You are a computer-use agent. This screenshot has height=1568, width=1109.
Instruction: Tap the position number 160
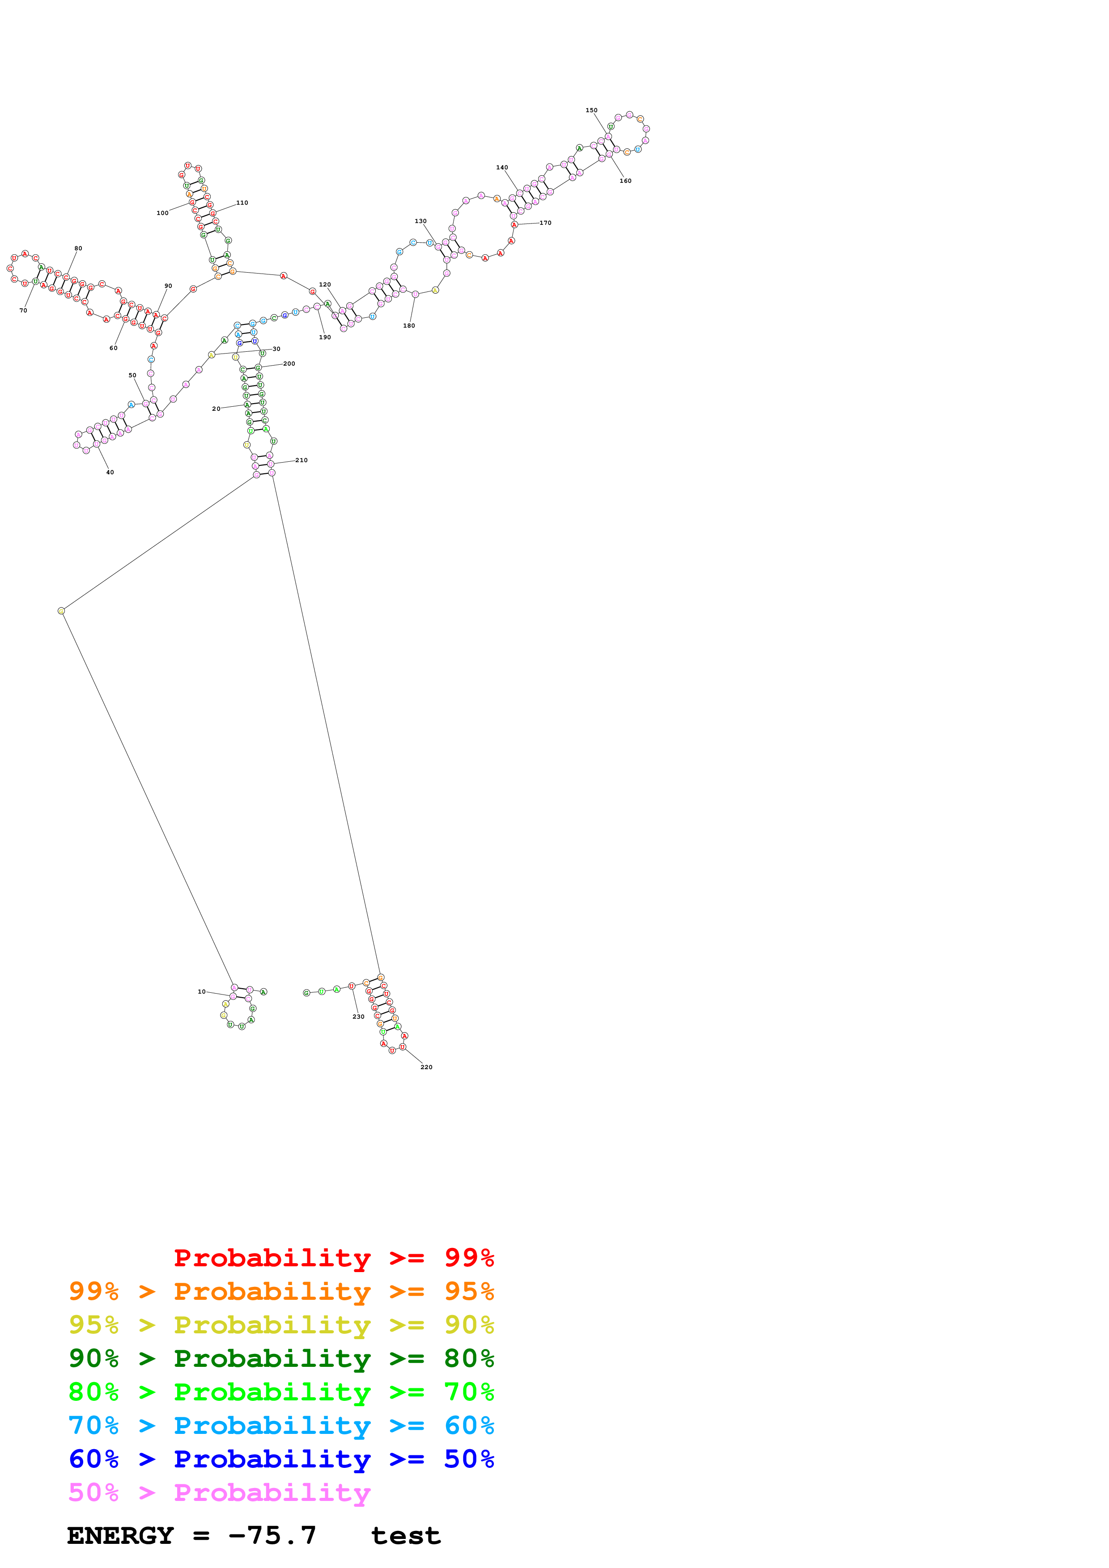pyautogui.click(x=625, y=181)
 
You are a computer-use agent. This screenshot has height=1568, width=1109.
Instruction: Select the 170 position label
pyautogui.click(x=545, y=223)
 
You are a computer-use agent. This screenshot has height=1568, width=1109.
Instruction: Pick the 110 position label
pyautogui.click(x=242, y=203)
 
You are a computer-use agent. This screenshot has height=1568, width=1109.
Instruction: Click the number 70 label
pyautogui.click(x=23, y=311)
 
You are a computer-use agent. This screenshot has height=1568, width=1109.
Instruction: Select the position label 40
pyautogui.click(x=110, y=472)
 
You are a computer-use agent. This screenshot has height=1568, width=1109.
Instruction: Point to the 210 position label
pyautogui.click(x=302, y=460)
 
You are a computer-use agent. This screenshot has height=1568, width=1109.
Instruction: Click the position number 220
pyautogui.click(x=426, y=1067)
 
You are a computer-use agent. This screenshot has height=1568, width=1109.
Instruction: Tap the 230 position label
pyautogui.click(x=358, y=1017)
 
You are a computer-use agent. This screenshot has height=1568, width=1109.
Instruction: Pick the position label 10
pyautogui.click(x=202, y=991)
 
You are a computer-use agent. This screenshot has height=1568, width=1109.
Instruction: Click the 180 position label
pyautogui.click(x=408, y=326)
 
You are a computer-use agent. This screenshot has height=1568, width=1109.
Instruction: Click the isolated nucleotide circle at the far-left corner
pyautogui.click(x=61, y=611)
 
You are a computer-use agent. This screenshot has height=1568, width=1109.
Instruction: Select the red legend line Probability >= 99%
pyautogui.click(x=333, y=1257)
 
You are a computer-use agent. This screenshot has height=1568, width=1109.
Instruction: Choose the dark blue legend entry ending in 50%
pyautogui.click(x=281, y=1459)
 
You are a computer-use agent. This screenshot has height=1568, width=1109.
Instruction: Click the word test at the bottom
pyautogui.click(x=406, y=1536)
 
